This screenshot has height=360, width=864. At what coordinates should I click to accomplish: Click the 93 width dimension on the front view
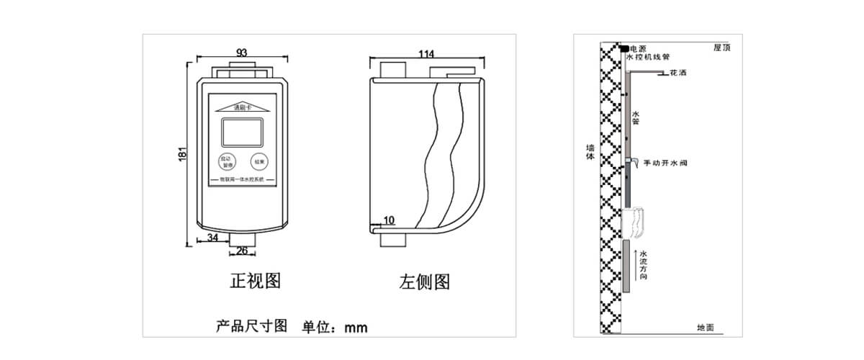[x=241, y=53]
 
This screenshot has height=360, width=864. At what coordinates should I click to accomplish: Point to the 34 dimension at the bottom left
[x=213, y=237]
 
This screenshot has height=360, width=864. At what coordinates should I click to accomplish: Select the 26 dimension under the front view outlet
[x=243, y=251]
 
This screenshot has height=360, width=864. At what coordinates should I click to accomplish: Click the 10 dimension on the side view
[x=389, y=221]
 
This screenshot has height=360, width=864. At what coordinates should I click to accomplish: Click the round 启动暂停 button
[x=225, y=162]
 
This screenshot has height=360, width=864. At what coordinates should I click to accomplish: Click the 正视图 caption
[x=255, y=281]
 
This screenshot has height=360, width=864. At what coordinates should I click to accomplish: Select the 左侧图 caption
[x=425, y=282]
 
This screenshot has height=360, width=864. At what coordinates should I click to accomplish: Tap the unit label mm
[x=356, y=328]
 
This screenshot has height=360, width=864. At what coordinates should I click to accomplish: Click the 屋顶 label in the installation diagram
[x=722, y=48]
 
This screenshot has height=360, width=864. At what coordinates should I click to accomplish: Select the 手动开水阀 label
[x=665, y=163]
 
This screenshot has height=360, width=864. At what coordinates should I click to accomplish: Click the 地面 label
[x=706, y=328]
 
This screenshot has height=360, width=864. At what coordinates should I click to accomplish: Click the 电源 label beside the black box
[x=638, y=48]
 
